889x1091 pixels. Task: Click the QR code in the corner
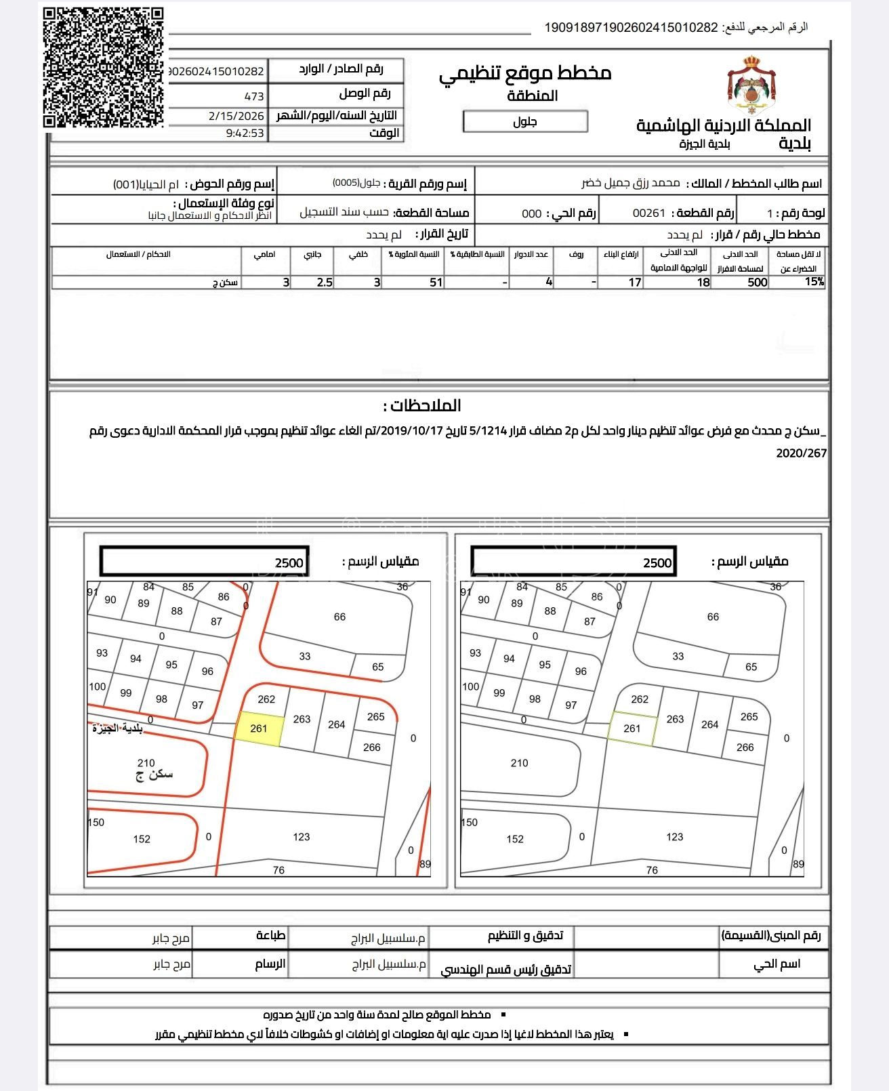pyautogui.click(x=104, y=67)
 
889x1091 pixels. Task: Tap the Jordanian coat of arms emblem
pyautogui.click(x=751, y=86)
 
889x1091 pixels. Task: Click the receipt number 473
pyautogui.click(x=254, y=96)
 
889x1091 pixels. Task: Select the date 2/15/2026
pyautogui.click(x=236, y=116)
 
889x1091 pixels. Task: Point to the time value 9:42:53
pyautogui.click(x=245, y=133)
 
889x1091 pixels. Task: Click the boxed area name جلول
pyautogui.click(x=525, y=122)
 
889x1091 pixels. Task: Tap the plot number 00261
pyautogui.click(x=648, y=213)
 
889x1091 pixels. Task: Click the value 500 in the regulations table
pyautogui.click(x=757, y=283)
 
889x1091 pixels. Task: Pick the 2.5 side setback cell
pyautogui.click(x=325, y=283)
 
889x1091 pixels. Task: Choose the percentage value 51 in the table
pyautogui.click(x=436, y=283)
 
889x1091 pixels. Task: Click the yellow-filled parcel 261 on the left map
pyautogui.click(x=259, y=729)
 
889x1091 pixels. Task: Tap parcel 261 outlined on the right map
pyautogui.click(x=632, y=729)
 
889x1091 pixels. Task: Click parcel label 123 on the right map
pyautogui.click(x=675, y=837)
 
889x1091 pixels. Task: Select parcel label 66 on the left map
pyautogui.click(x=339, y=617)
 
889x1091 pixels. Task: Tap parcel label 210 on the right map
pyautogui.click(x=520, y=763)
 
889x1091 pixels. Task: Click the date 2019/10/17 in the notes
pyautogui.click(x=413, y=431)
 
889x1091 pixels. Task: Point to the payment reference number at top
pyautogui.click(x=631, y=28)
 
